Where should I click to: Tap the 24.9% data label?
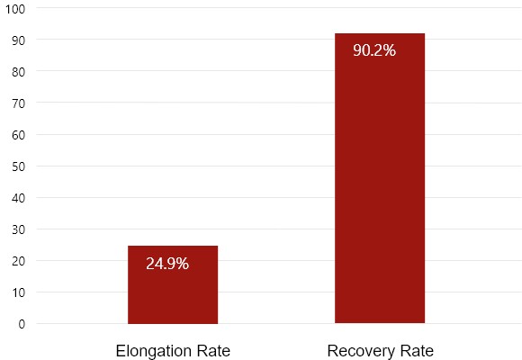pos(167,264)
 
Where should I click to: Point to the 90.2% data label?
pos(374,50)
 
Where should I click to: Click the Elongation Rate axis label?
pos(173,351)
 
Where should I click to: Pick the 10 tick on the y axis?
pos(19,292)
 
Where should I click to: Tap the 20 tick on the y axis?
pos(19,261)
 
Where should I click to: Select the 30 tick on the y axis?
pos(19,229)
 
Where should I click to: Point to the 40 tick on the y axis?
pos(19,198)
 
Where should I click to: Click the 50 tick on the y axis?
pos(19,166)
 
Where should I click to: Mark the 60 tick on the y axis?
pos(19,135)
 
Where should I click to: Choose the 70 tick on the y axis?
pos(19,103)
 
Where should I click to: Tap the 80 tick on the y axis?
pos(19,72)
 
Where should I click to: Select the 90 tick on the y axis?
pos(19,40)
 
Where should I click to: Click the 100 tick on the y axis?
pos(16,9)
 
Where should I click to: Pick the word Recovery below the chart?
pos(361,351)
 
